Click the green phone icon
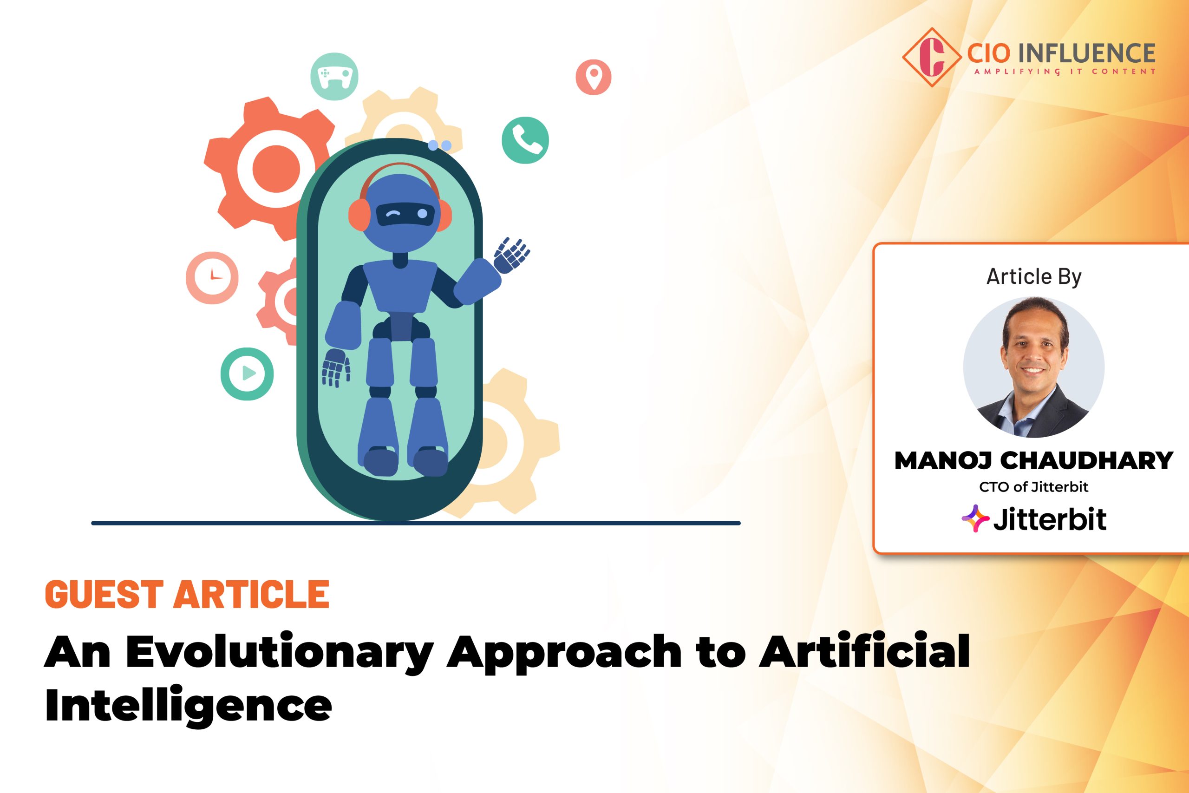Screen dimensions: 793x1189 (x=525, y=140)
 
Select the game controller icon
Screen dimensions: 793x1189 (x=334, y=76)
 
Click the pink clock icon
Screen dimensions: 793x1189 (x=212, y=278)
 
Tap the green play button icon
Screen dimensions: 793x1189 (x=247, y=374)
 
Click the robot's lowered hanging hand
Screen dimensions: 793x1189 (x=336, y=367)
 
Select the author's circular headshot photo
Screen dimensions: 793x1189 (x=1034, y=367)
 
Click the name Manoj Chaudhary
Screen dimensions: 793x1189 (x=1034, y=460)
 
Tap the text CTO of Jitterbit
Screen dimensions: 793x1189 (x=1034, y=487)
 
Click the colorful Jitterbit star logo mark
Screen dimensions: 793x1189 (x=975, y=519)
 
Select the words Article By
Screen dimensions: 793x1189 (x=1034, y=276)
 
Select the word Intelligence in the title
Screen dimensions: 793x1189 (x=188, y=705)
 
